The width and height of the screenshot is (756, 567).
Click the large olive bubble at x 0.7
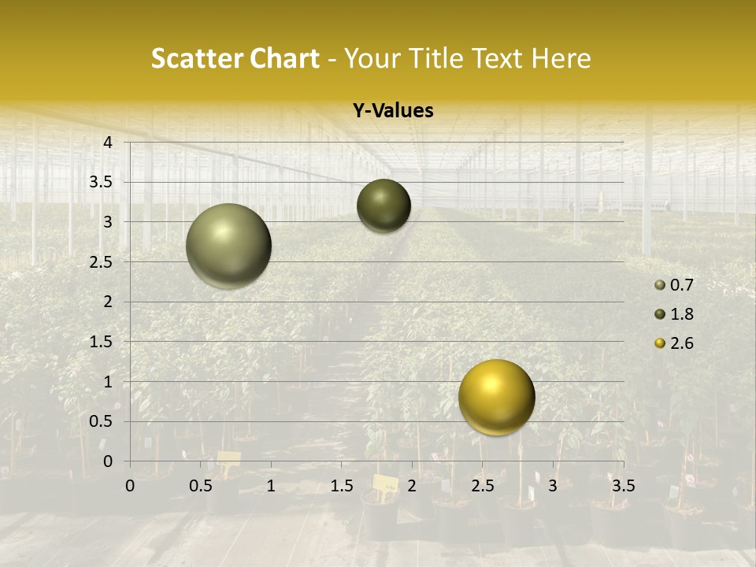228,246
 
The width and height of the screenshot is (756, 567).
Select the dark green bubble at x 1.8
384,206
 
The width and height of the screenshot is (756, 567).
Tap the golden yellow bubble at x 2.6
496,397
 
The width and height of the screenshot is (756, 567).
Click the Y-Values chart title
393,111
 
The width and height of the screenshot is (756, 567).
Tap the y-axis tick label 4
108,143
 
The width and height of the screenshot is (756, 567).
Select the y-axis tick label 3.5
102,182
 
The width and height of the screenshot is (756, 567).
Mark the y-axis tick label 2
108,302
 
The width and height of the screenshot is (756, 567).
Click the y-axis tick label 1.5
102,342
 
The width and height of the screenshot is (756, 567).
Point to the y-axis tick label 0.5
102,421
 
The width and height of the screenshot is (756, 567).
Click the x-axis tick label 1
271,486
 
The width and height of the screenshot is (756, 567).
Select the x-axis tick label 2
412,486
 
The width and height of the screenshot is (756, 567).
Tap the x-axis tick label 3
553,486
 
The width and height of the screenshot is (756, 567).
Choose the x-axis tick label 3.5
623,486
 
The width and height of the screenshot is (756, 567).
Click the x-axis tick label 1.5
341,486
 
